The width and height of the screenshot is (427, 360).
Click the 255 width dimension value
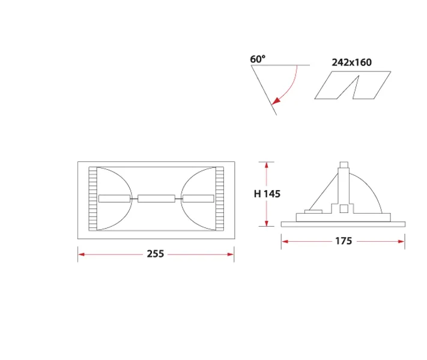coord(155,254)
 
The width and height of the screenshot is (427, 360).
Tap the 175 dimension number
coord(344,241)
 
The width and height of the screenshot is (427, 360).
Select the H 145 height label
coord(267,194)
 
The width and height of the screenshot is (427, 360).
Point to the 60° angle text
coord(258,59)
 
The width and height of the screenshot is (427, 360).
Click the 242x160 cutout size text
coord(351,62)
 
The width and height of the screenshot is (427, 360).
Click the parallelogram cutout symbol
coord(353,85)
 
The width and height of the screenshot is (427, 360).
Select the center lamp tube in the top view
coord(156,199)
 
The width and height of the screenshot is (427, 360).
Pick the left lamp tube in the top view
coord(114,199)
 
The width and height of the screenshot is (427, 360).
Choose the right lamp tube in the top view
coord(198,199)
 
